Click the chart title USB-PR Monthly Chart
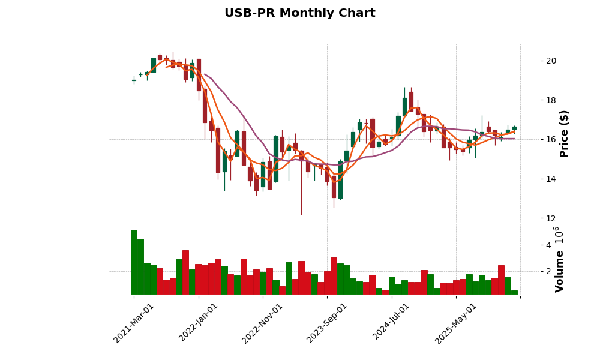299,13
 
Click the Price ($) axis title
564,133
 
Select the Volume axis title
559,271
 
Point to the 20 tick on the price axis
551,61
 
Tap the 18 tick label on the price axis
551,100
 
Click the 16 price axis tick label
551,139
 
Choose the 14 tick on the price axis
551,179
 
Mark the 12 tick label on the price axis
551,218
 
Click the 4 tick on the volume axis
548,245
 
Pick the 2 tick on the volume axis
548,272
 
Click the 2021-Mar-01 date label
134,323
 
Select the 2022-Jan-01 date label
199,323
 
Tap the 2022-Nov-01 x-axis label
262,323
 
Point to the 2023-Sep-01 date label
327,323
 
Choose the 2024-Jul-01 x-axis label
391,323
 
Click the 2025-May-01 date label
456,323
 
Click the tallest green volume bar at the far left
134,262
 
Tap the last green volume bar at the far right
514,292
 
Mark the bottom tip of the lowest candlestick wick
301,215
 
